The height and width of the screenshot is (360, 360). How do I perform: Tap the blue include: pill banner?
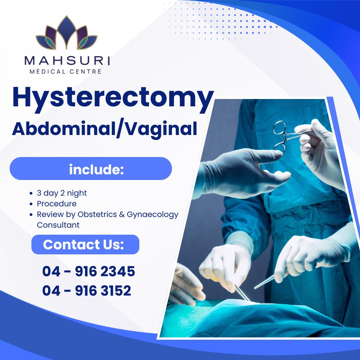click(x=91, y=169)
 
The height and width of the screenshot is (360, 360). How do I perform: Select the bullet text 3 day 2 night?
click(x=62, y=193)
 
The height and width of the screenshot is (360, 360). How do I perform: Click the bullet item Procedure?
click(x=57, y=204)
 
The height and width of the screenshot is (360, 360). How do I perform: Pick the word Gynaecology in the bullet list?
click(x=153, y=214)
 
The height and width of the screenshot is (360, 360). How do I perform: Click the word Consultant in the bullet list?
click(x=58, y=225)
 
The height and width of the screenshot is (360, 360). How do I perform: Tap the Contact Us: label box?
click(x=85, y=244)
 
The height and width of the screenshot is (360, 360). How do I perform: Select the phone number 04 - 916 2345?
click(x=88, y=271)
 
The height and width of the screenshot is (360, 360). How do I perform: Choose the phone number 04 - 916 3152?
click(x=87, y=291)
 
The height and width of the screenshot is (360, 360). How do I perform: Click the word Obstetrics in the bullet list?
click(x=97, y=214)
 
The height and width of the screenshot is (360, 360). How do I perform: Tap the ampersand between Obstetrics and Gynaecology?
click(x=122, y=214)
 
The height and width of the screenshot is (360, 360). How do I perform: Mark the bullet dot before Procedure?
click(x=31, y=204)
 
